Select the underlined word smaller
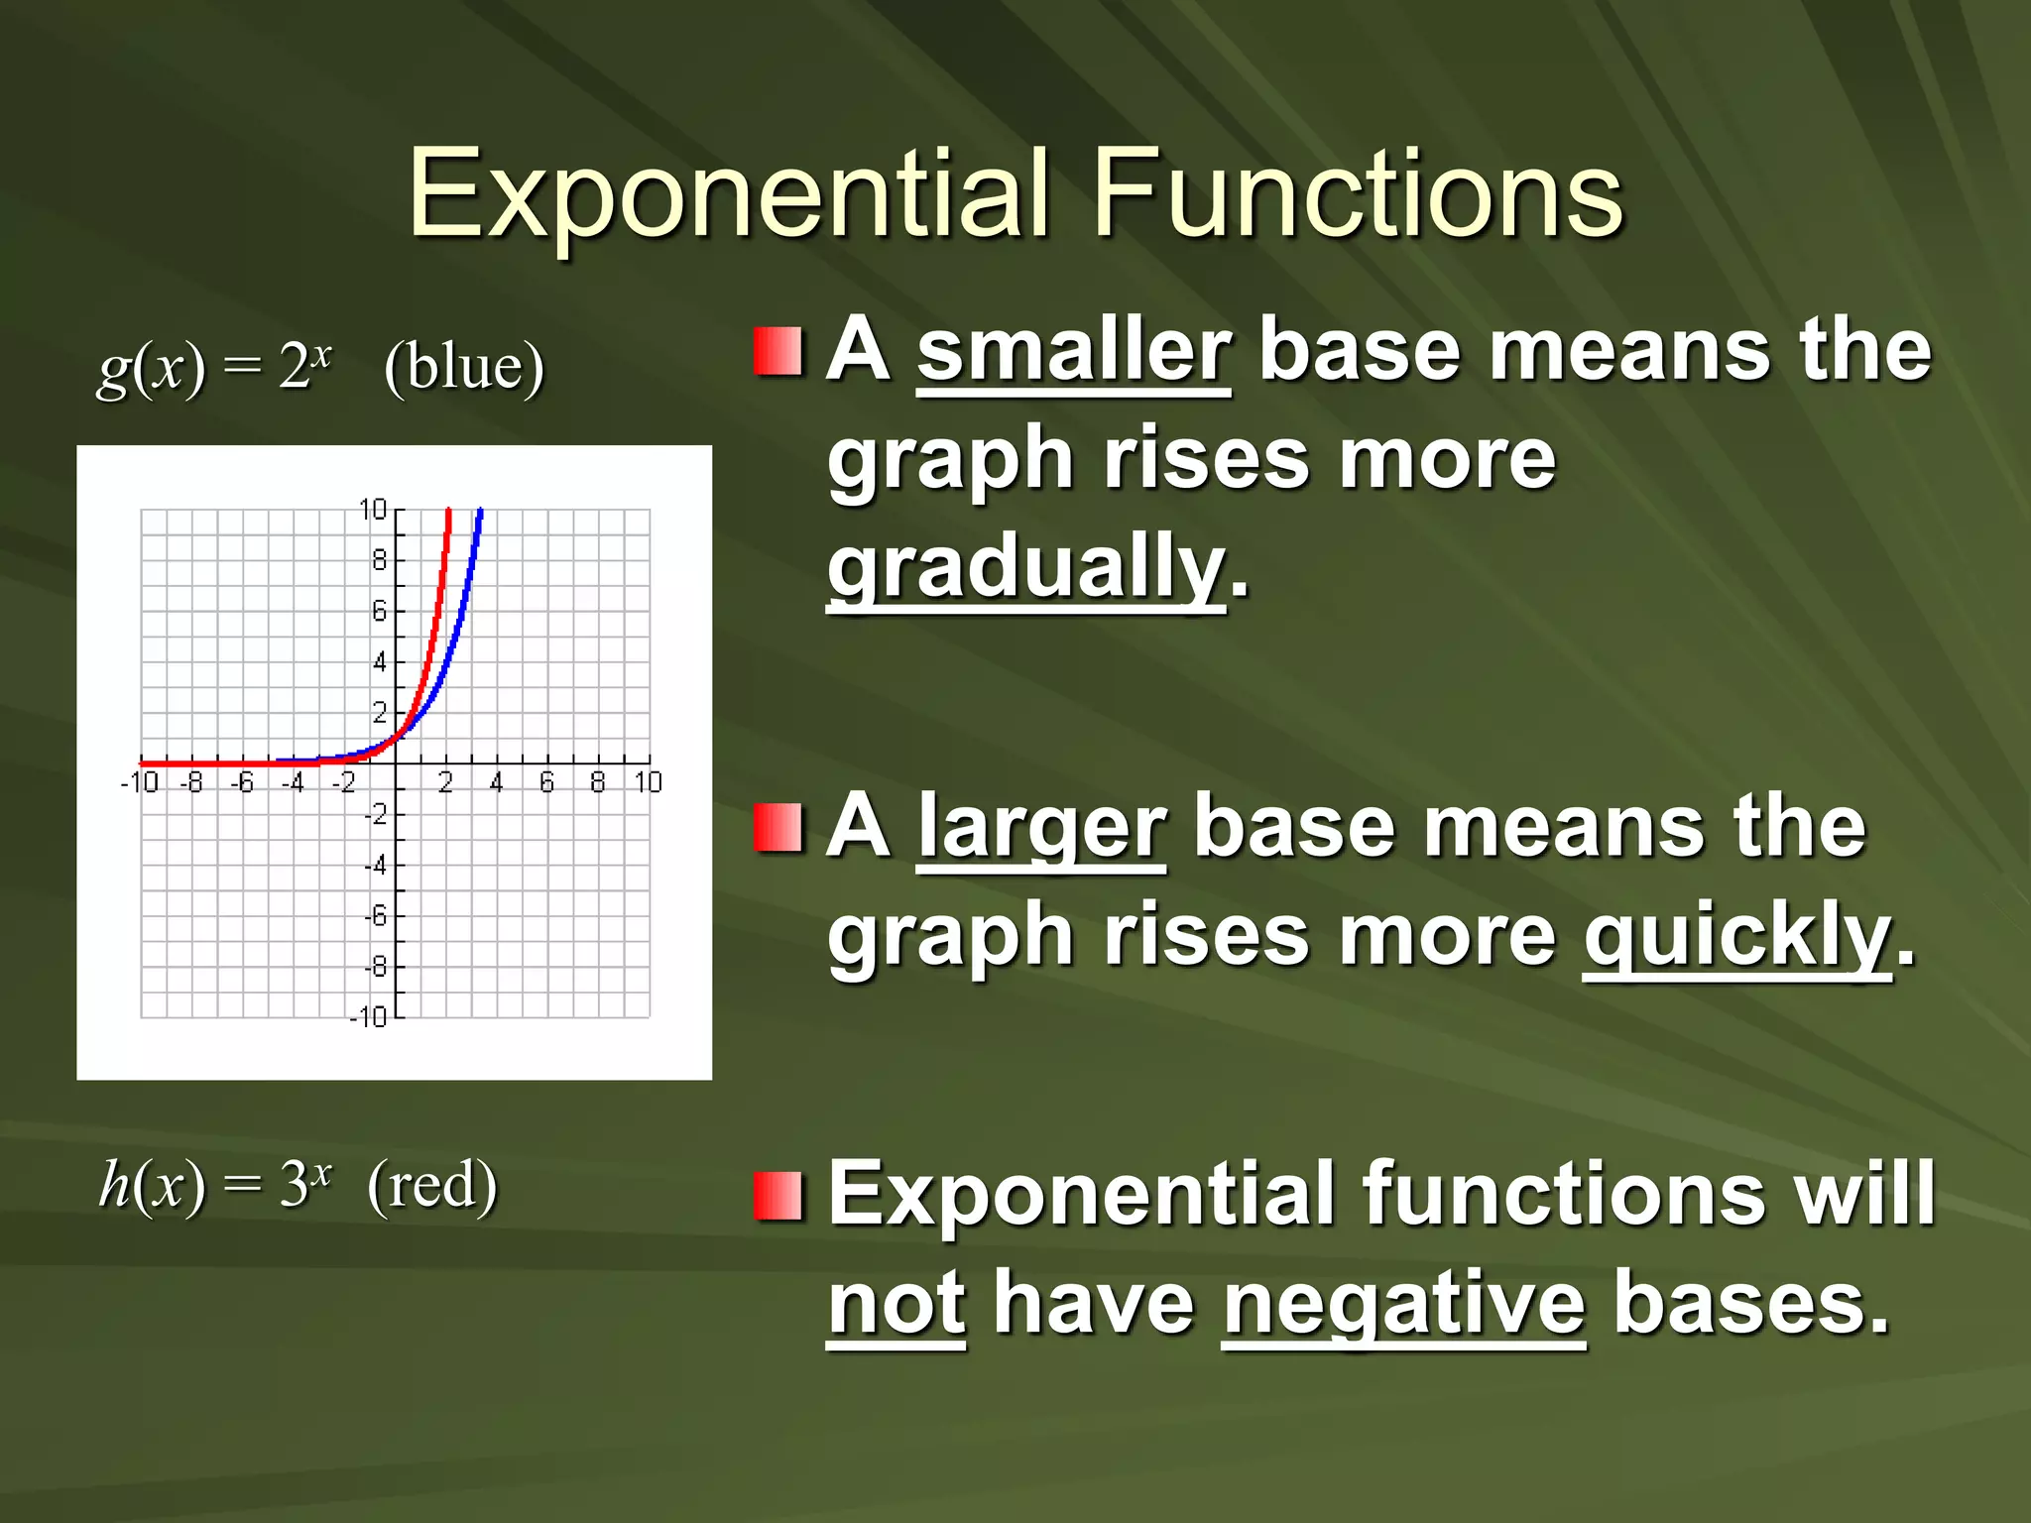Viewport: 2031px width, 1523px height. click(x=1073, y=351)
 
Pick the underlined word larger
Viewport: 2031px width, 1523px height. click(x=1041, y=828)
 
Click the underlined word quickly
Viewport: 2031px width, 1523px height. click(x=1736, y=936)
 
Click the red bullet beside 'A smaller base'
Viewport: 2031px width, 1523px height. click(x=777, y=352)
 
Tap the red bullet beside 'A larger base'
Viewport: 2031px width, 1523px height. click(x=777, y=828)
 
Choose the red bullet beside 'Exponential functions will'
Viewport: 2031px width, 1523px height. click(x=777, y=1195)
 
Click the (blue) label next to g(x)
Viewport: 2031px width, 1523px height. click(x=464, y=367)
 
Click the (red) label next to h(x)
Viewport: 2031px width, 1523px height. click(x=432, y=1185)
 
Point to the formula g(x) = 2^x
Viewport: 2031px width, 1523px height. click(x=214, y=367)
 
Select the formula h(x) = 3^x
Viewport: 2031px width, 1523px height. click(x=214, y=1185)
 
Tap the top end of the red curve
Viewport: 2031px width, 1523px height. click(x=448, y=512)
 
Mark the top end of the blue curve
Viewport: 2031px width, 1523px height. click(x=480, y=512)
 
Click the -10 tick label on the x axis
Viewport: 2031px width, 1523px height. click(x=140, y=783)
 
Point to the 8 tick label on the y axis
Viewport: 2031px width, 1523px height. click(x=379, y=560)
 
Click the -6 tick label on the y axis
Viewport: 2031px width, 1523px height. click(x=375, y=916)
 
